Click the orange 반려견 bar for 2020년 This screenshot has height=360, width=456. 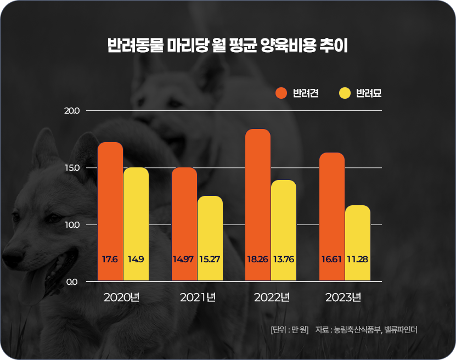(x=110, y=211)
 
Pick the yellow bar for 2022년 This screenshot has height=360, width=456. (x=283, y=230)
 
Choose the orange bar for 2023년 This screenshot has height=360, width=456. (x=332, y=217)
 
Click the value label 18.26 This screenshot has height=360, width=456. (x=257, y=259)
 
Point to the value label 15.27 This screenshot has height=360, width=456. (x=210, y=259)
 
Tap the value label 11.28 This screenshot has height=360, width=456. (x=358, y=259)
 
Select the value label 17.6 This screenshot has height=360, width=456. (x=110, y=259)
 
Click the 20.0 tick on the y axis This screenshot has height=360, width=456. (x=72, y=110)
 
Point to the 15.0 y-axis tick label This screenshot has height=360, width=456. (x=72, y=167)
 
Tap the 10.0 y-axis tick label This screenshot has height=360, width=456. (x=72, y=224)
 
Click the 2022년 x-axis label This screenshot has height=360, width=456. (x=272, y=298)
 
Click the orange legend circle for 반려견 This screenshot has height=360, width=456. (x=282, y=93)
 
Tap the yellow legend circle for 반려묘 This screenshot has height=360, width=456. (x=345, y=93)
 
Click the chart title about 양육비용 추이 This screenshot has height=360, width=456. (x=228, y=45)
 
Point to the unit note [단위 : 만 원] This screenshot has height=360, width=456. (x=290, y=330)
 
